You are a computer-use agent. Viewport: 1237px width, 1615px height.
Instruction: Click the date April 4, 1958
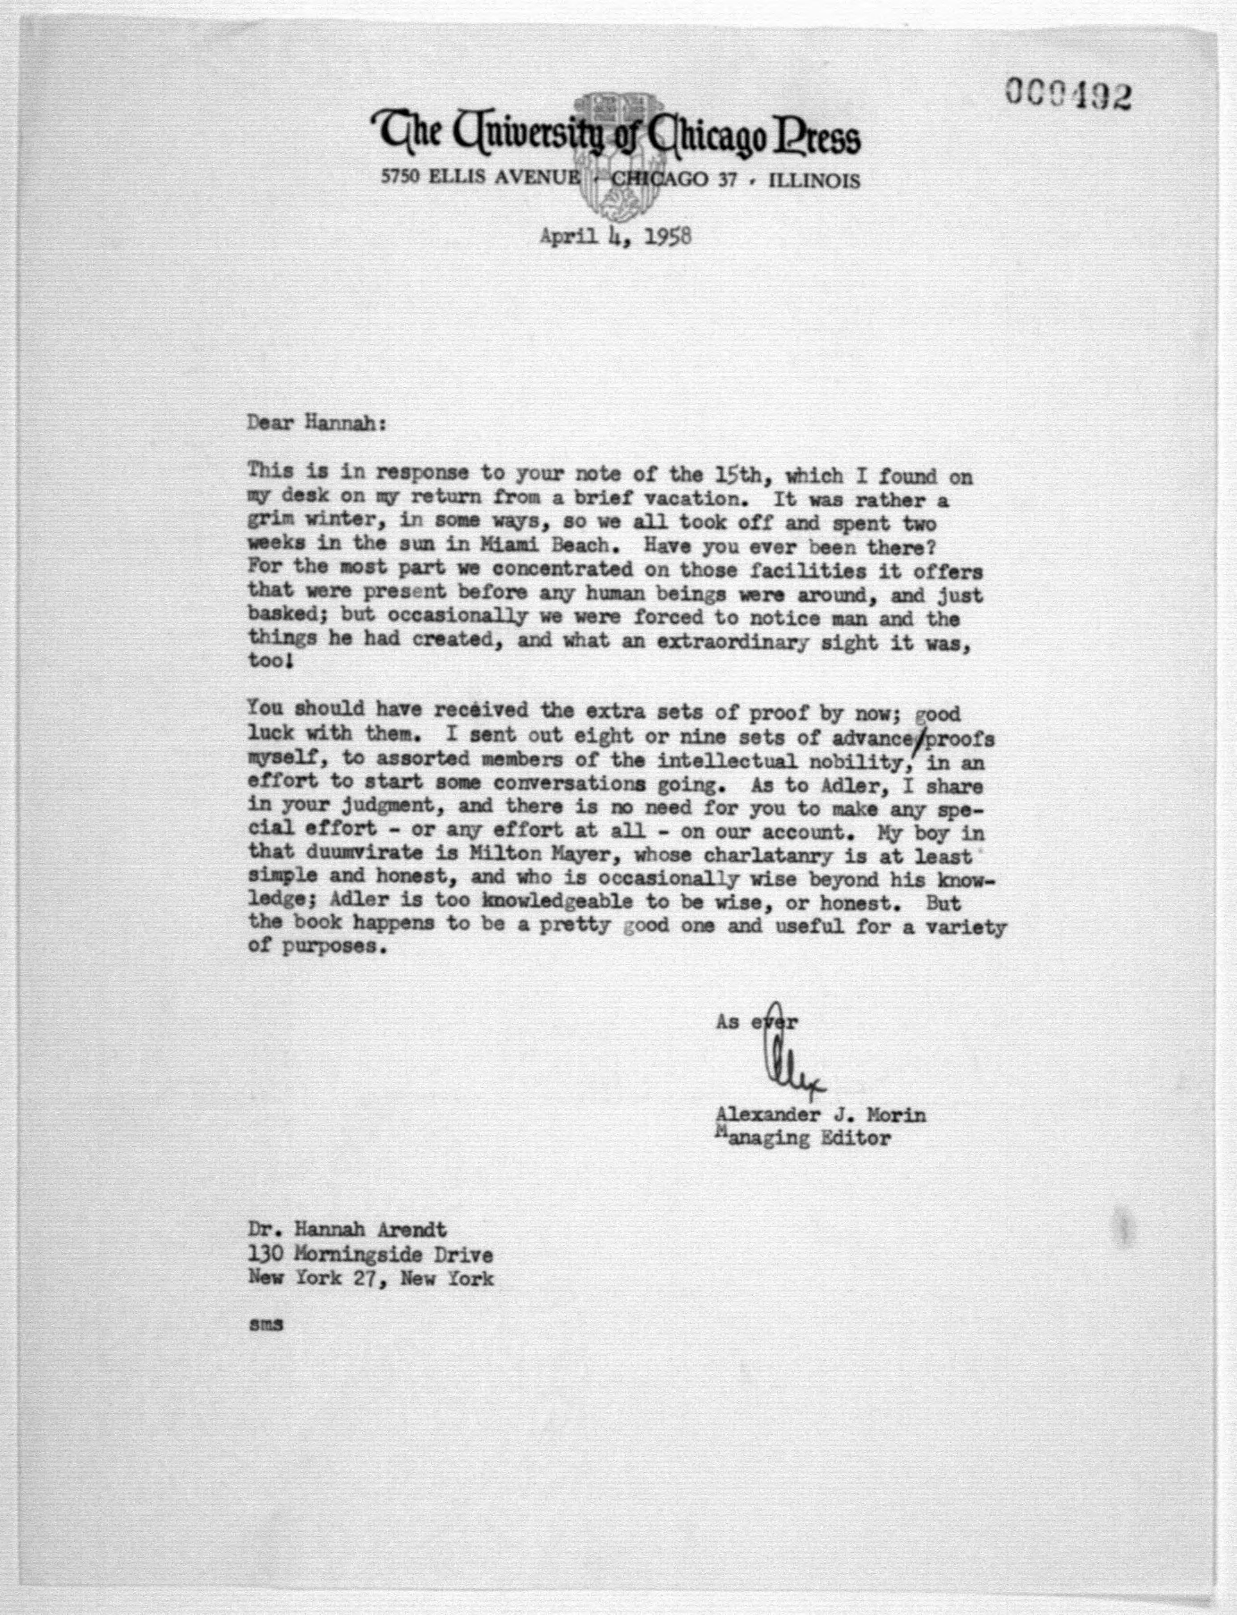click(615, 237)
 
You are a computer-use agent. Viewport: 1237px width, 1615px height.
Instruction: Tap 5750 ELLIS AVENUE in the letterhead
click(480, 178)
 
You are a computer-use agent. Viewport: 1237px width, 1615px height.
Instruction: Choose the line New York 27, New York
click(370, 1278)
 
